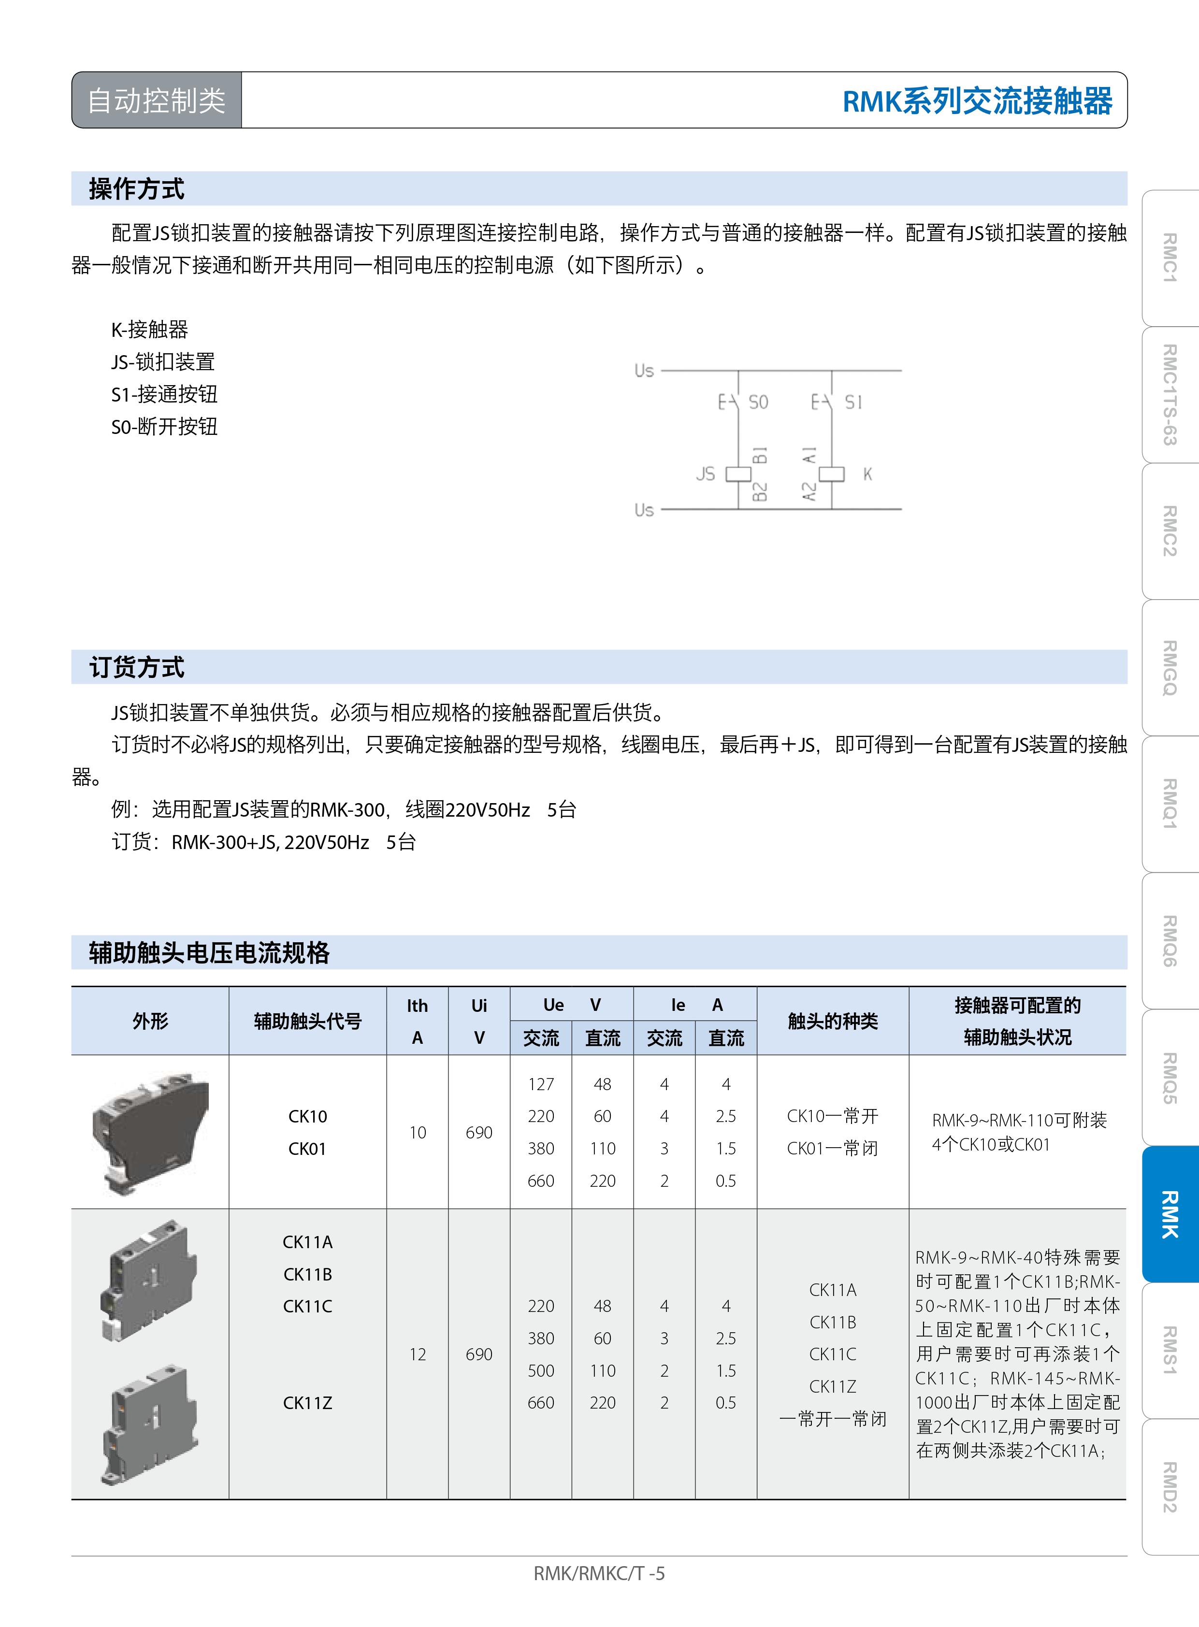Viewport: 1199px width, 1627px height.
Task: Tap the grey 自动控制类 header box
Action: (157, 100)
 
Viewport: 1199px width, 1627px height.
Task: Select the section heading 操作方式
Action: (136, 188)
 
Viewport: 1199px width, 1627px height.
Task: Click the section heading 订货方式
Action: (136, 667)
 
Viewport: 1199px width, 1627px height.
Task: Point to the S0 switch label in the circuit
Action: (758, 402)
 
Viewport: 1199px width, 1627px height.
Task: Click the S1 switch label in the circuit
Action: (853, 402)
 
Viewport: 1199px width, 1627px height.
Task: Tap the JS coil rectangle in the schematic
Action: (738, 474)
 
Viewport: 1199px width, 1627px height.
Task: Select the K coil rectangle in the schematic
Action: (832, 474)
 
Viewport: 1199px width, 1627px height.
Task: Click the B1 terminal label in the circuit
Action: (760, 456)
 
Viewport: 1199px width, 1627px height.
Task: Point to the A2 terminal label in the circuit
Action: (809, 491)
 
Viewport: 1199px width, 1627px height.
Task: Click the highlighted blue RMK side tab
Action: (1169, 1214)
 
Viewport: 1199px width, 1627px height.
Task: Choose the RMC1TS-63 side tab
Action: (1169, 395)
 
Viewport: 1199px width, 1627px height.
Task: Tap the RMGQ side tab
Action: (1169, 668)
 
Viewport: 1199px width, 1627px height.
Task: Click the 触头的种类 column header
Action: (833, 1021)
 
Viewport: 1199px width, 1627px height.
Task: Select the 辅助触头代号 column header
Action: (308, 1021)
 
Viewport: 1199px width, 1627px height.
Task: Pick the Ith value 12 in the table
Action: (418, 1354)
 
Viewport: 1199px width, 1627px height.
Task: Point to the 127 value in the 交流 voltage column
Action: (541, 1084)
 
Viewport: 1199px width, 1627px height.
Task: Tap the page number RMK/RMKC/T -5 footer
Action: (599, 1573)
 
